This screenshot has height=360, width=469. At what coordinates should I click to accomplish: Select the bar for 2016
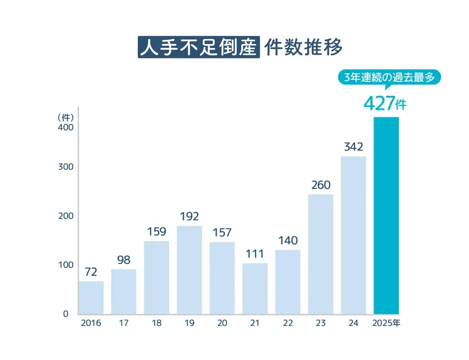(91, 297)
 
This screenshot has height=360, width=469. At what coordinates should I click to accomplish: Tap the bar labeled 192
(189, 270)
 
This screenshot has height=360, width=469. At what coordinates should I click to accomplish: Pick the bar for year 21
(255, 289)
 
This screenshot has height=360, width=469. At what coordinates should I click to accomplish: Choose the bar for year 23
(320, 254)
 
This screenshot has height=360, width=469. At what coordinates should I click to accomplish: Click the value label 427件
(385, 103)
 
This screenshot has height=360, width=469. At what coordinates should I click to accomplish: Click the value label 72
(91, 272)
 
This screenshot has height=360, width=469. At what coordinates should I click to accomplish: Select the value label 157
(222, 232)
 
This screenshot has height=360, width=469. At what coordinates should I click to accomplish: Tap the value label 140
(288, 241)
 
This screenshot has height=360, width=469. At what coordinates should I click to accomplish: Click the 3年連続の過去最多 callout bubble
(386, 78)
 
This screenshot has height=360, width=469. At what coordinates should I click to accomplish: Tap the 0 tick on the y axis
(65, 314)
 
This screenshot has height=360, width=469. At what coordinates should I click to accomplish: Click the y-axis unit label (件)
(66, 117)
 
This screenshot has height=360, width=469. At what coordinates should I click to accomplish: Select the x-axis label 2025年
(386, 324)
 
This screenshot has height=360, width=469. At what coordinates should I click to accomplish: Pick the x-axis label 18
(156, 324)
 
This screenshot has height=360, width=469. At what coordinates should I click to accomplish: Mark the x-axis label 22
(288, 324)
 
